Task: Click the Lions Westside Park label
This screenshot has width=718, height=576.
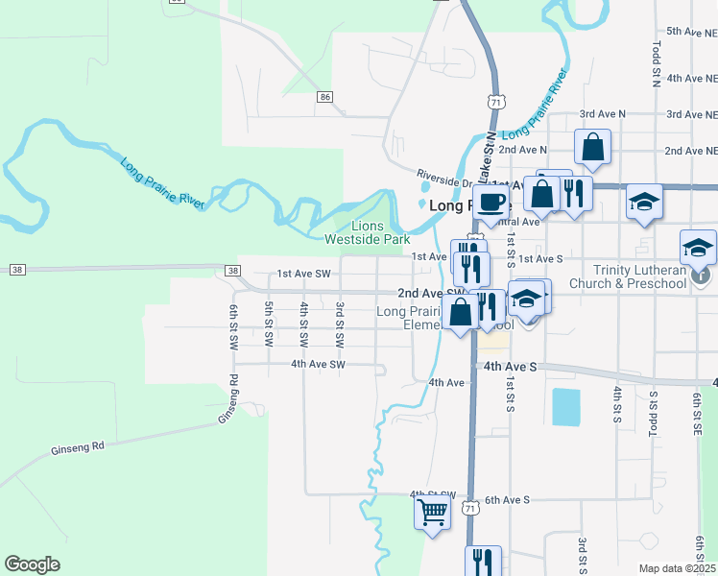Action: coord(367,232)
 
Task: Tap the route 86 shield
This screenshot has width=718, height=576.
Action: coord(325,97)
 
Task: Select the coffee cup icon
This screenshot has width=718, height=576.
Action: coord(491,203)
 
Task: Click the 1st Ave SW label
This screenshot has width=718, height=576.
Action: coord(303,274)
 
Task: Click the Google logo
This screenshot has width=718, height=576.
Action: coord(32,564)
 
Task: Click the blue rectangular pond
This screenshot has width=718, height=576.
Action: coord(565,407)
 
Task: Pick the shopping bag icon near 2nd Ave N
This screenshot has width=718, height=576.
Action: coord(593,147)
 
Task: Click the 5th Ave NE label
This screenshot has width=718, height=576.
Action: coord(691,32)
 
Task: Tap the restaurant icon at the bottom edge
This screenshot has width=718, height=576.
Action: coord(483,561)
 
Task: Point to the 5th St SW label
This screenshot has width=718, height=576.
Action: coord(269,324)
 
